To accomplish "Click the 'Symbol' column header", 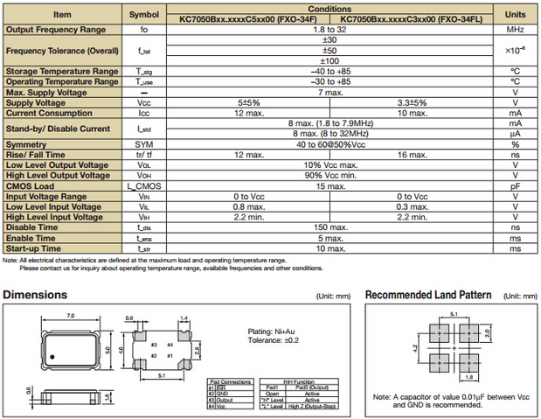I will tap(144, 15).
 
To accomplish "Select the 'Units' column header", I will tap(515, 15).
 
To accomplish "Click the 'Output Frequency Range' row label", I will tap(62, 30).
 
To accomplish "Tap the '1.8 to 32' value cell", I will tap(329, 30).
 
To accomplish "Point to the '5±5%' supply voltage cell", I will tap(248, 102).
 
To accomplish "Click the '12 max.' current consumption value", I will tap(248, 112).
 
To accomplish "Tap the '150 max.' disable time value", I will tap(329, 227).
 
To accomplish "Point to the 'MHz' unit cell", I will tap(515, 30).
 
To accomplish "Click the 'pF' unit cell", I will tap(515, 186).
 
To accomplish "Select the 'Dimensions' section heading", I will tap(41, 295).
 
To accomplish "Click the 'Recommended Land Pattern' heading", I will tap(427, 295).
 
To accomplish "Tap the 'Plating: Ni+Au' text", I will tap(272, 331).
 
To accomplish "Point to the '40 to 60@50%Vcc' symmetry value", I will tap(329, 144).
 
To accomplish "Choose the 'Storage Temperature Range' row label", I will tap(62, 71).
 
